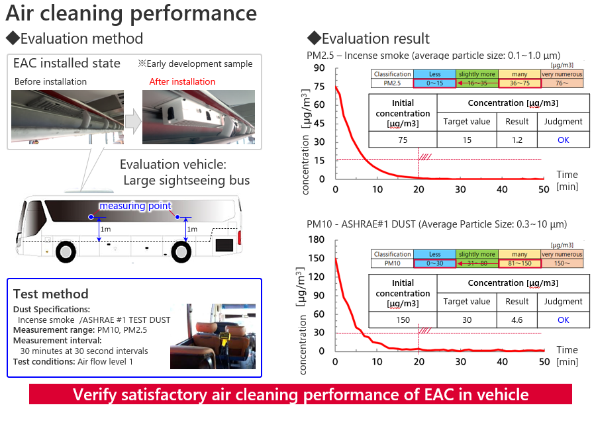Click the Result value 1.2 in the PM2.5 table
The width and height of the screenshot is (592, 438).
(x=517, y=140)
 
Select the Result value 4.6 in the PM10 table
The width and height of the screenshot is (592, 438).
(x=517, y=320)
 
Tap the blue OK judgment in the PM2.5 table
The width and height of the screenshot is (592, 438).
(x=564, y=140)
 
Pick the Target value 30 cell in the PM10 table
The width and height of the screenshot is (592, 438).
(x=467, y=320)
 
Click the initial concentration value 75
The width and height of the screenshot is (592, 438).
(x=403, y=140)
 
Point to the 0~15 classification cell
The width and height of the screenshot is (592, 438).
(x=434, y=83)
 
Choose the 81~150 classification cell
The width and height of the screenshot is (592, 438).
(x=520, y=263)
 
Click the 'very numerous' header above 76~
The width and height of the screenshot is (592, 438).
(x=562, y=74)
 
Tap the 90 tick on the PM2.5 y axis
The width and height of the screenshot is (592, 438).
(x=319, y=68)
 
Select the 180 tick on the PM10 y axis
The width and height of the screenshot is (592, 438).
(x=317, y=240)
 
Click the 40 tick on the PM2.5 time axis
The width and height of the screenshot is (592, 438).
(x=502, y=189)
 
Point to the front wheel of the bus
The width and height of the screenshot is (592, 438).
(x=66, y=251)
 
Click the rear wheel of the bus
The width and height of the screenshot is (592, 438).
(x=181, y=251)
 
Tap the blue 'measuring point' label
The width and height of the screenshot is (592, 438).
(x=135, y=206)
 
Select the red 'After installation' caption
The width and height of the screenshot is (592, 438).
(x=182, y=81)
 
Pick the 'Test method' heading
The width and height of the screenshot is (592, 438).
(x=50, y=294)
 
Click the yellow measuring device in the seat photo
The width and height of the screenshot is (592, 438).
(x=224, y=337)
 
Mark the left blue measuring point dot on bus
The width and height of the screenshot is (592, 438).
(x=91, y=217)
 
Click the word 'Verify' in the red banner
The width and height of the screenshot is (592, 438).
(x=95, y=394)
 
